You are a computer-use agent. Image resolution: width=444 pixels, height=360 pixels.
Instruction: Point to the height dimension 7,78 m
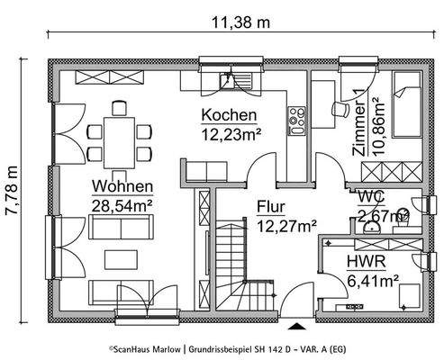pyautogui.click(x=12, y=194)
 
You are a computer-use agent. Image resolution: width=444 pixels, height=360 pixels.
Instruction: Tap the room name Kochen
pyautogui.click(x=229, y=116)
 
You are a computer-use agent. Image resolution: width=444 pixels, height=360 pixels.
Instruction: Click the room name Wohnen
pyautogui.click(x=121, y=187)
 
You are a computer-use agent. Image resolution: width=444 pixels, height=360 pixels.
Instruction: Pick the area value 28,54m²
pyautogui.click(x=121, y=204)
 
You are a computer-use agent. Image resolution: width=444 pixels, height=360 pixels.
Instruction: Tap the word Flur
pyautogui.click(x=270, y=206)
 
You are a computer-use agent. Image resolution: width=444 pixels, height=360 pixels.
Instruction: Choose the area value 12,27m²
pyautogui.click(x=285, y=224)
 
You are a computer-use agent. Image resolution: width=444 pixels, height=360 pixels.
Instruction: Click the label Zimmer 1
pyautogui.click(x=358, y=125)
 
